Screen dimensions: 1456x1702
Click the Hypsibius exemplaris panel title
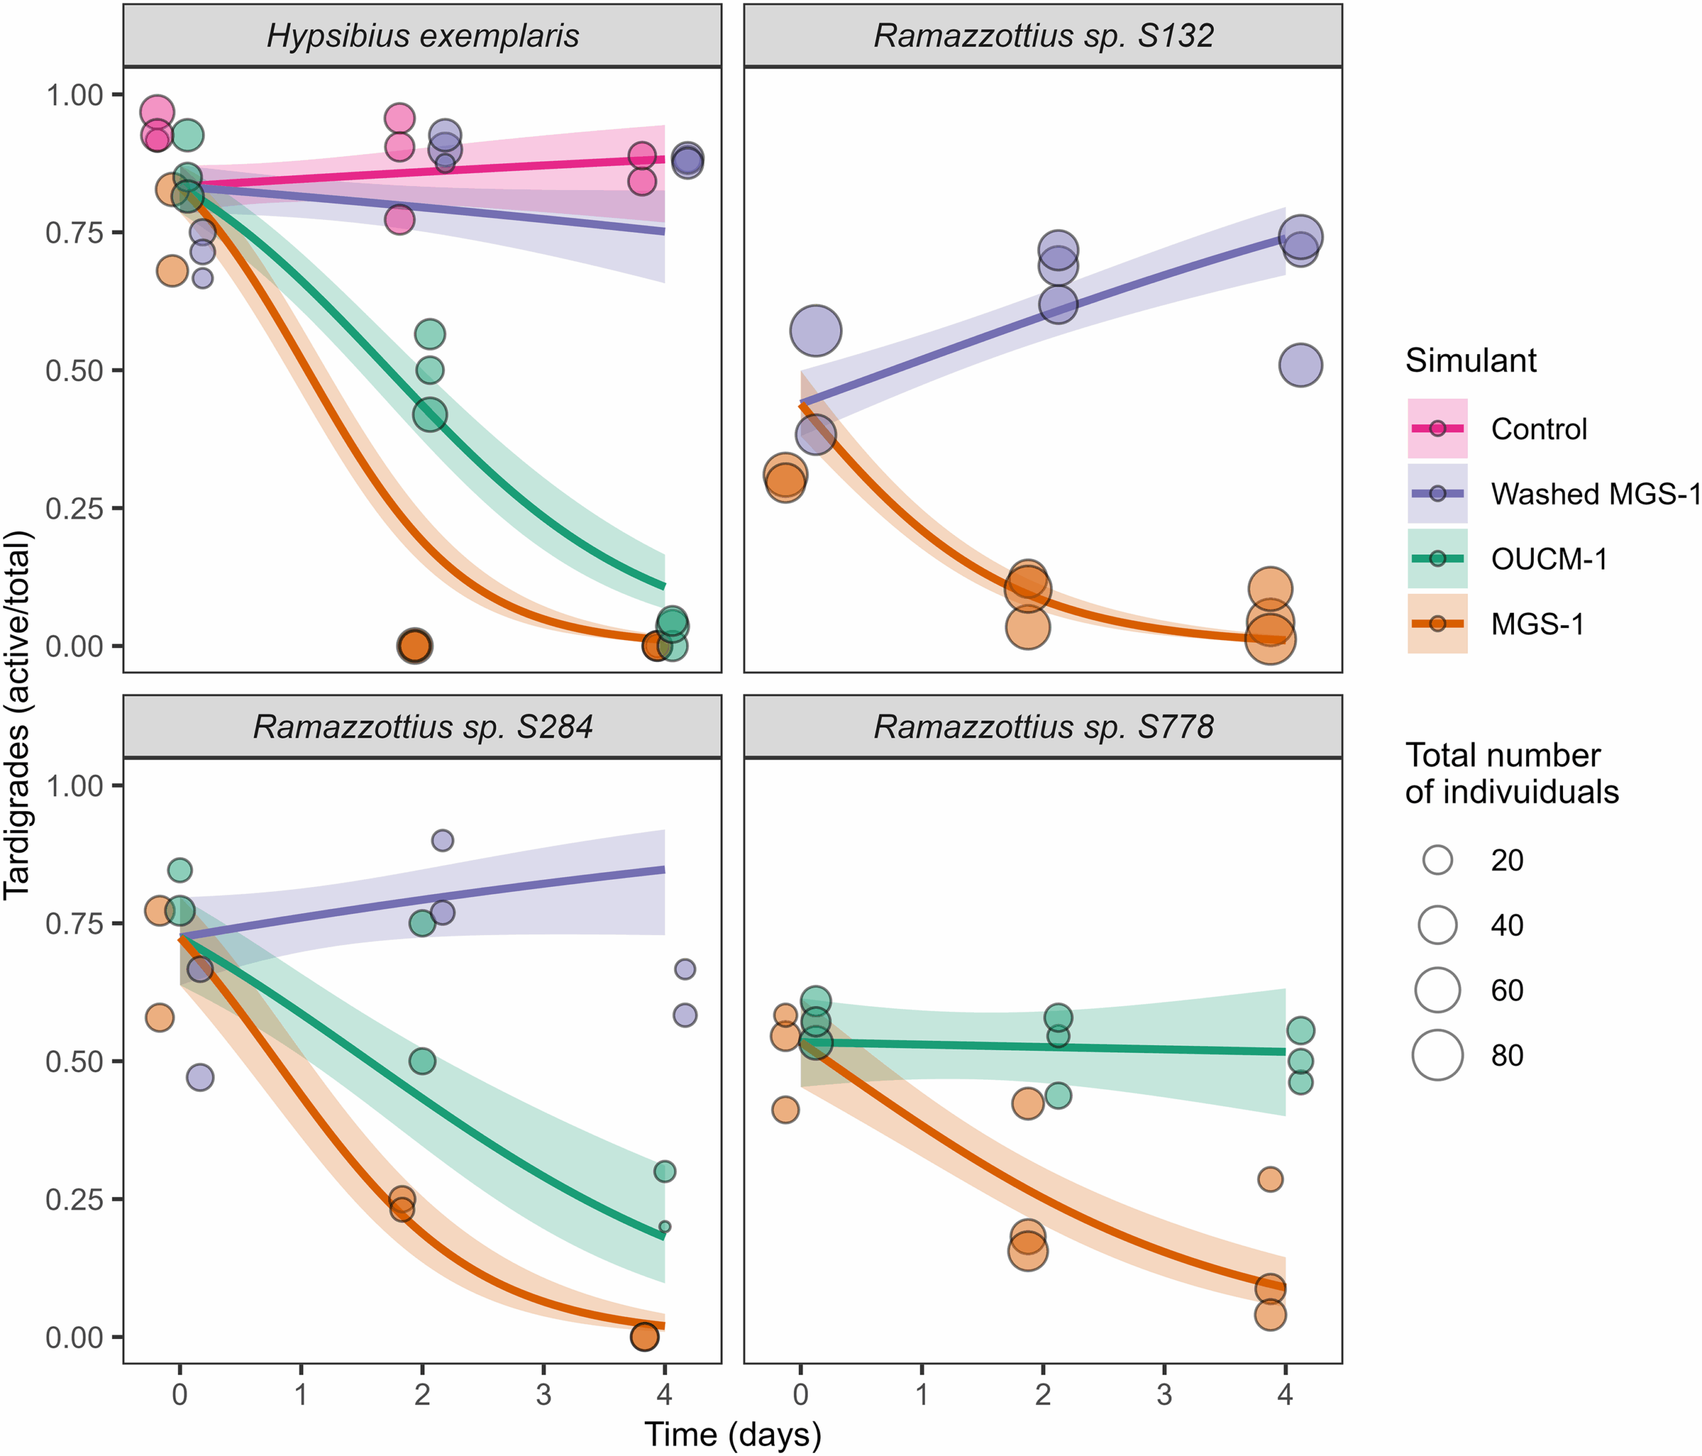coord(422,36)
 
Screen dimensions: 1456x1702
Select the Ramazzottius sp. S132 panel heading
coord(1043,36)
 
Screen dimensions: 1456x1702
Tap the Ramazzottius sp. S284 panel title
coord(422,728)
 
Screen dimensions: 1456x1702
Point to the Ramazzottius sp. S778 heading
coord(1043,728)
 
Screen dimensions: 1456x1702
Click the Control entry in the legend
coord(1538,429)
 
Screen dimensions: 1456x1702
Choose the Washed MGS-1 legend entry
coord(1594,494)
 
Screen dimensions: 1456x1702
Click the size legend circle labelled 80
coord(1437,1055)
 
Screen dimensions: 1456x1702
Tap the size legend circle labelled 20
coord(1437,860)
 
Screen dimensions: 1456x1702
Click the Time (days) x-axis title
coord(733,1434)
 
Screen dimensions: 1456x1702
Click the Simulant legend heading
coord(1471,360)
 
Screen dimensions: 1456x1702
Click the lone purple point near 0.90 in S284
coord(442,840)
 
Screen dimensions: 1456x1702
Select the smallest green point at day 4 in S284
coord(665,1227)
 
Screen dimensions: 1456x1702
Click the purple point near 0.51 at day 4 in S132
coord(1300,365)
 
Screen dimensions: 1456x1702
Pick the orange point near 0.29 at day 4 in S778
coord(1270,1180)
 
